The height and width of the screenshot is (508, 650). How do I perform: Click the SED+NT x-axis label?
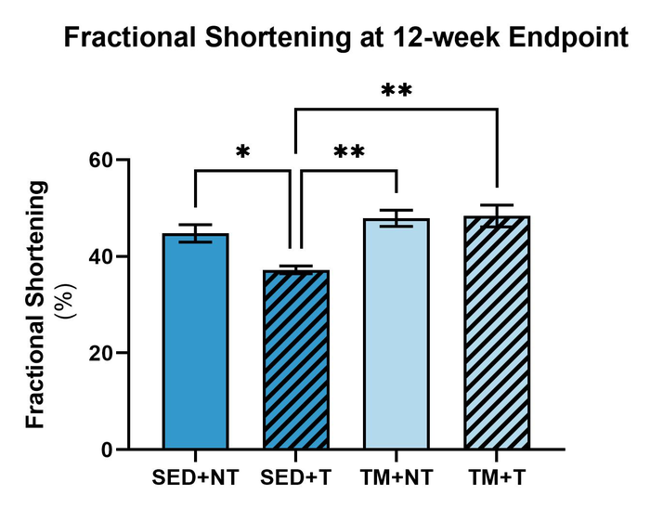click(195, 479)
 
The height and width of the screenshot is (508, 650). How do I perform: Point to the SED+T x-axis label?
click(295, 479)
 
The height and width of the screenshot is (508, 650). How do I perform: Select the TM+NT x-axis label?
click(397, 479)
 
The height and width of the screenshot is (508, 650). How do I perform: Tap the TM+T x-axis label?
click(498, 479)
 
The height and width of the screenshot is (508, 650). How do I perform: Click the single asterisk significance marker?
click(243, 150)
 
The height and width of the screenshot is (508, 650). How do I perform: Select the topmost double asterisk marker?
click(396, 91)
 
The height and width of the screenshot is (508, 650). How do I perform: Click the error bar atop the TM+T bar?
click(498, 215)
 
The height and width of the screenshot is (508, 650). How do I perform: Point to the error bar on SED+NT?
click(195, 233)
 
